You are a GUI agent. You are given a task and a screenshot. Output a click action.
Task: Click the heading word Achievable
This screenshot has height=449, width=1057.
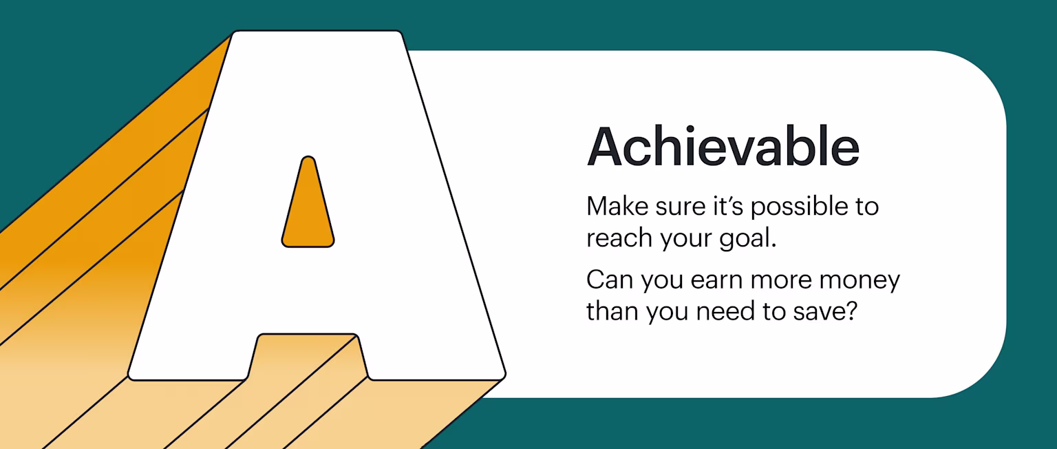coord(723,147)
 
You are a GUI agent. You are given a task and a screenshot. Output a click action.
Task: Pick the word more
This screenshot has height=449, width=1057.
coord(778,281)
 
